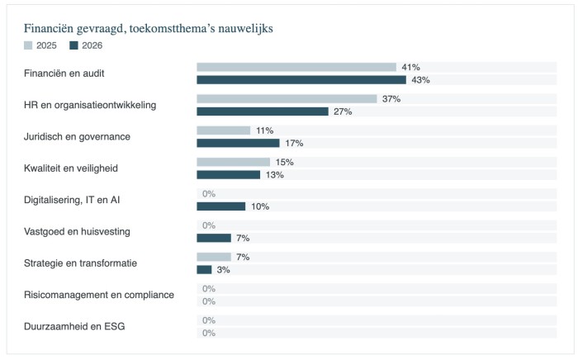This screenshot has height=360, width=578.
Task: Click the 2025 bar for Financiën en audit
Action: pyautogui.click(x=296, y=67)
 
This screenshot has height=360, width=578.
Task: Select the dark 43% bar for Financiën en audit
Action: pyautogui.click(x=301, y=80)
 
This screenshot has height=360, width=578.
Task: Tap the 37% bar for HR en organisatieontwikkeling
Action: pyautogui.click(x=287, y=99)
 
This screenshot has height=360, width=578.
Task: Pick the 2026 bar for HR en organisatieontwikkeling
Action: pyautogui.click(x=263, y=111)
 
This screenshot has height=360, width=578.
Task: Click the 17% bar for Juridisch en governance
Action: pyautogui.click(x=238, y=143)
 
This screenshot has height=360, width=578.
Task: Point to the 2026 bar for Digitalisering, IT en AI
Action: pyautogui.click(x=221, y=206)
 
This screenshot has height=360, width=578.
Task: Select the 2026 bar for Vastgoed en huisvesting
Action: pyautogui.click(x=214, y=238)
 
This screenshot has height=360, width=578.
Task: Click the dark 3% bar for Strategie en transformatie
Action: pyautogui.click(x=204, y=270)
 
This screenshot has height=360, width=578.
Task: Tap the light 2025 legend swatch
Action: pyautogui.click(x=28, y=45)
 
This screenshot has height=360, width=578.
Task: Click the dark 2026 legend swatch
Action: pyautogui.click(x=73, y=45)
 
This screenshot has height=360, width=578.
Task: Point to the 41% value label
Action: pyautogui.click(x=410, y=67)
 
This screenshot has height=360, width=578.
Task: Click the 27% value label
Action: pyautogui.click(x=343, y=111)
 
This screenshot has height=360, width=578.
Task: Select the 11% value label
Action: pyautogui.click(x=265, y=130)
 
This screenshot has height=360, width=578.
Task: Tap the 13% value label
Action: pyautogui.click(x=275, y=175)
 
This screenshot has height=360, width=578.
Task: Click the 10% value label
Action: pyautogui.click(x=260, y=206)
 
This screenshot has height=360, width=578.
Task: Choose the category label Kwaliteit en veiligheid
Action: pyautogui.click(x=71, y=168)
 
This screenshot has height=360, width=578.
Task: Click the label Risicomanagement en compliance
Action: pyautogui.click(x=99, y=295)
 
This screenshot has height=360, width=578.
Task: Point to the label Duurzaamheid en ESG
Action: pyautogui.click(x=74, y=326)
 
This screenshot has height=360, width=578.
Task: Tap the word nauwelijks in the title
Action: pyautogui.click(x=245, y=29)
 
